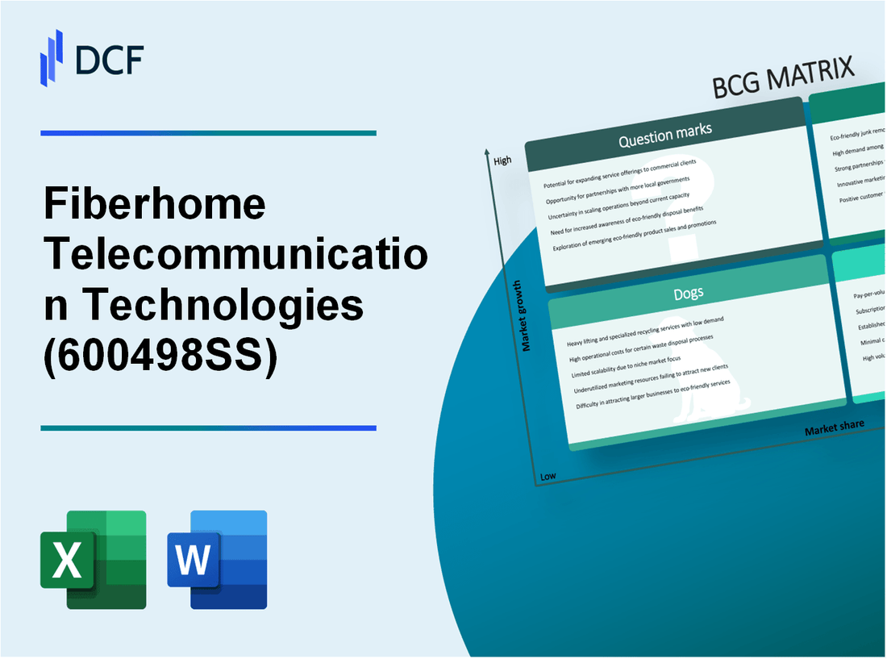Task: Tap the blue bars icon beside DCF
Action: coord(52,57)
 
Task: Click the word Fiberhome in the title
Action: coord(153,203)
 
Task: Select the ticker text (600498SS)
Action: coord(160,358)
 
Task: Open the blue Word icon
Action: coord(217,559)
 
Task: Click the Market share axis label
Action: coord(834,428)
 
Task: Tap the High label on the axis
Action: coord(502,161)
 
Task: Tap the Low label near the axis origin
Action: coord(548,476)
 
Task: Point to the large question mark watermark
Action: coord(702,202)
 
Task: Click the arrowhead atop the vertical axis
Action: coord(487,151)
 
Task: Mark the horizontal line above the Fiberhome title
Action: coord(208,133)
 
